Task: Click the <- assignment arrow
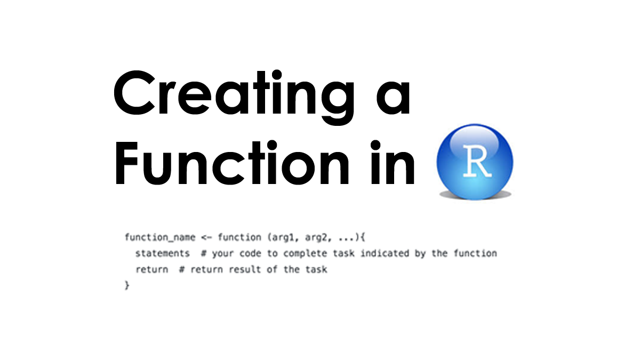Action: point(207,237)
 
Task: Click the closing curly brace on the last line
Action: point(127,285)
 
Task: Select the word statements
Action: point(163,253)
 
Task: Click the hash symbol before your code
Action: point(204,253)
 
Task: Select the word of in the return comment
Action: point(272,269)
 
